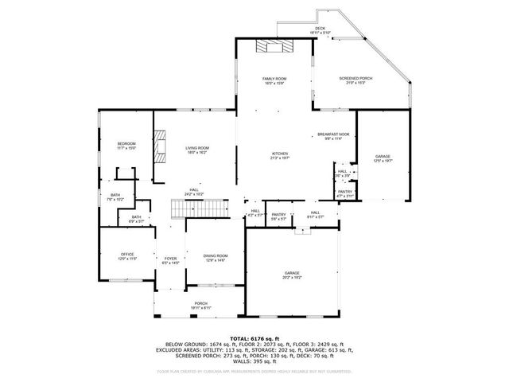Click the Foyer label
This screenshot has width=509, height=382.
click(x=170, y=259)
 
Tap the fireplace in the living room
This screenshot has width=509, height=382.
click(x=160, y=147)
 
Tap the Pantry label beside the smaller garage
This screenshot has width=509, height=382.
click(x=344, y=193)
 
